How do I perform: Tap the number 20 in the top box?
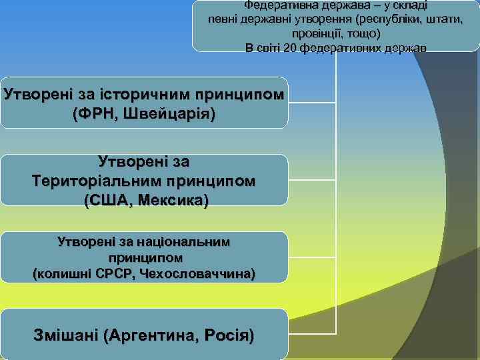point(289,48)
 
